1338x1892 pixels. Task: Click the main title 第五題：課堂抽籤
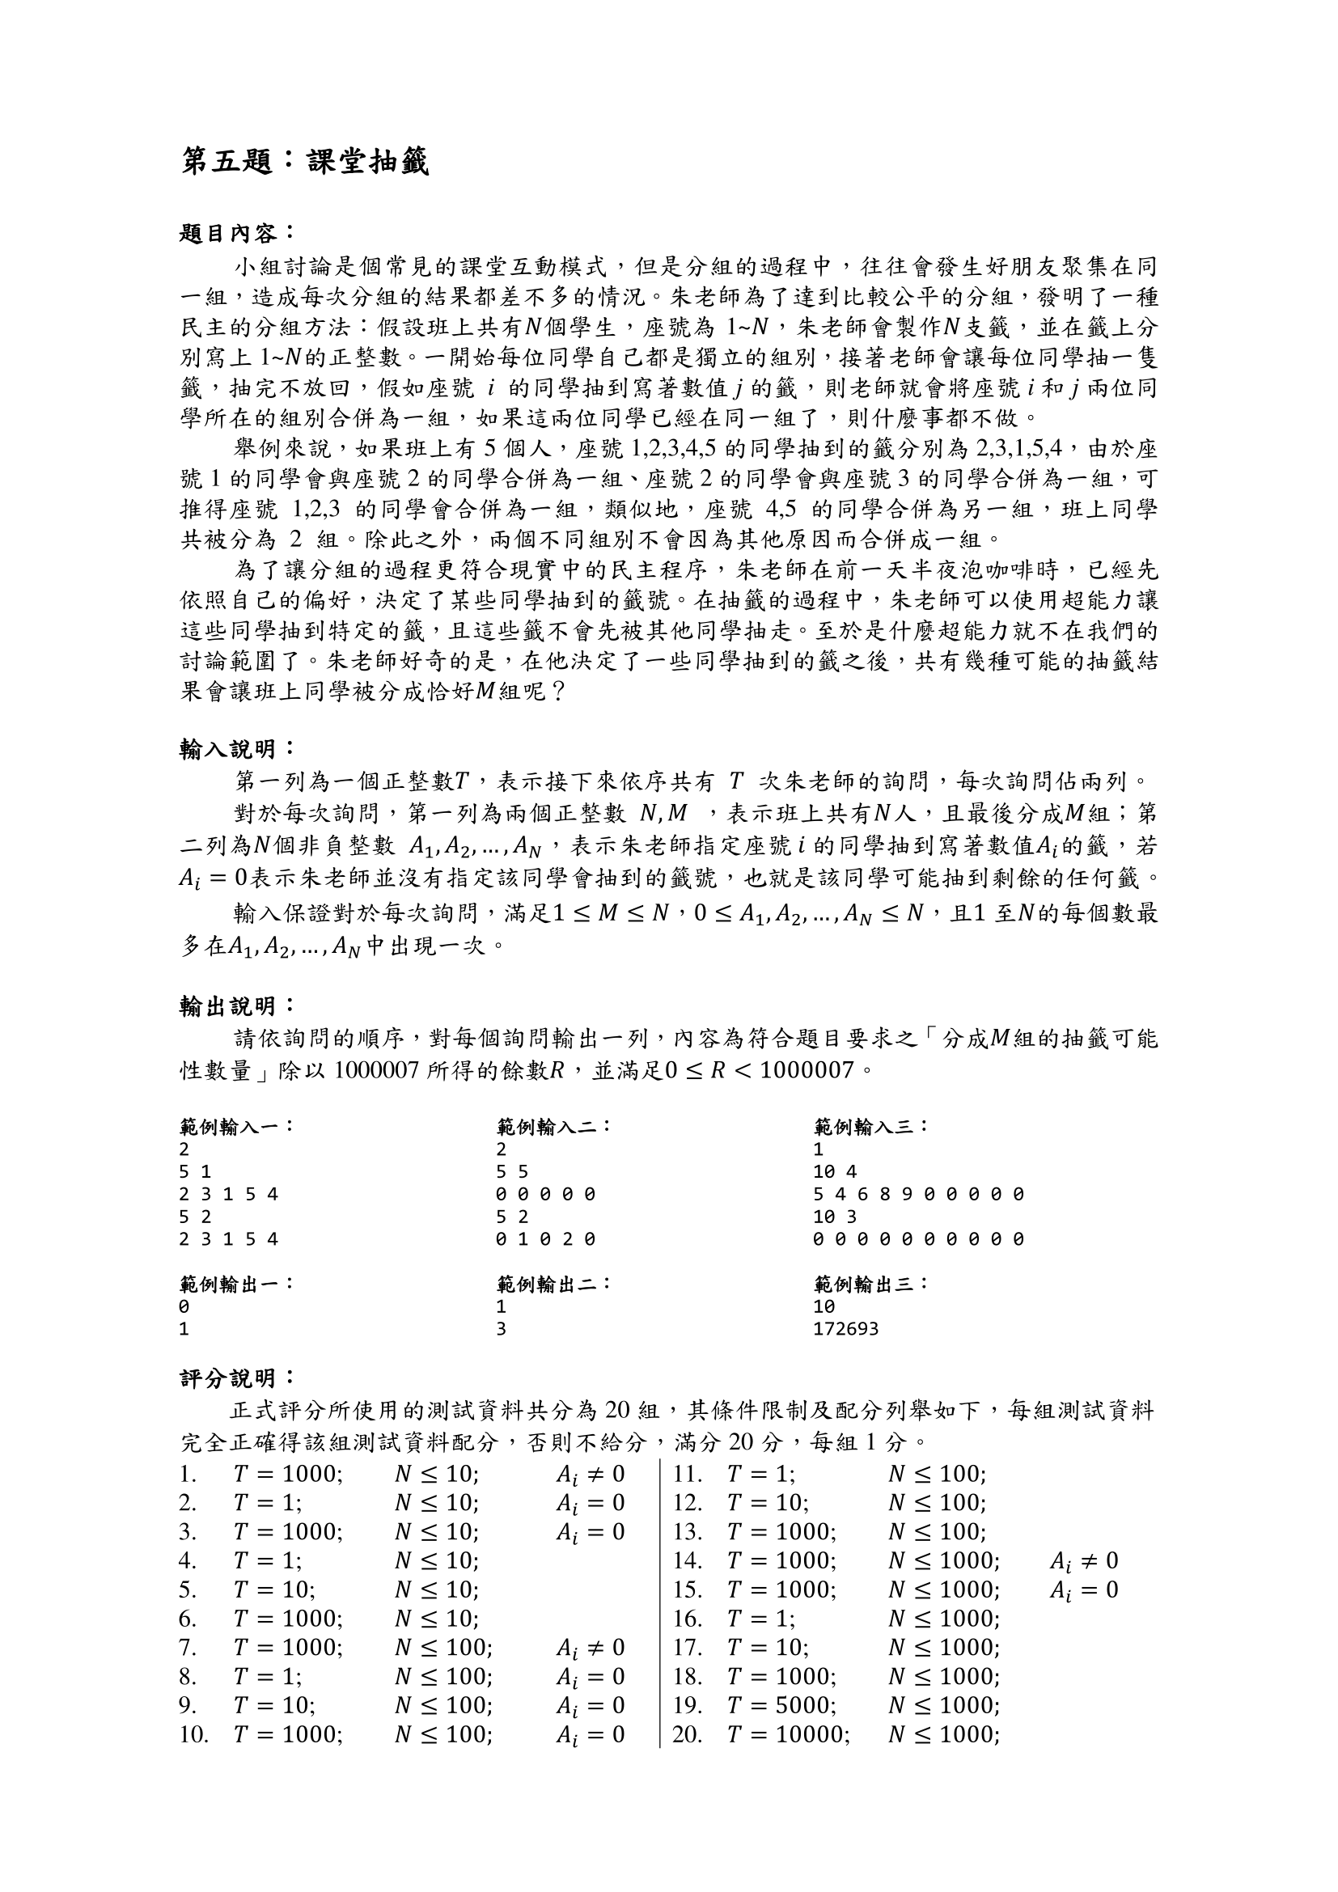click(x=305, y=162)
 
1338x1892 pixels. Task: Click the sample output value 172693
click(x=845, y=1329)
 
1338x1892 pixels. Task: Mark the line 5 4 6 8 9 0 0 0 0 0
click(x=918, y=1194)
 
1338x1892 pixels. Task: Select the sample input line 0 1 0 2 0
click(x=545, y=1239)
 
